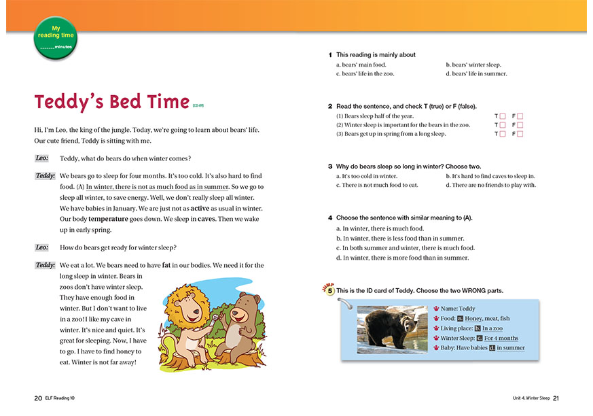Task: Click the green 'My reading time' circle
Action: coord(54,37)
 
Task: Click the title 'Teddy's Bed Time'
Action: coord(111,102)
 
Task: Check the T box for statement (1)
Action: coord(503,116)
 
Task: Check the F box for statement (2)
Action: coord(520,125)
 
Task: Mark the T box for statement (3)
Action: coord(503,134)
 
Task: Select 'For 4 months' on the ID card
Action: coord(501,338)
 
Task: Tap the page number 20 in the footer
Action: coord(38,398)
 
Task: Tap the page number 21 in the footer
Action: coord(555,398)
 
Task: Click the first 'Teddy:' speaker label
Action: coord(45,176)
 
